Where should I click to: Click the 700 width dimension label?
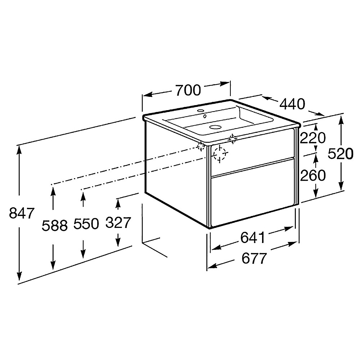tap(188, 90)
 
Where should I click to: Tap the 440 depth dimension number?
tap(292, 104)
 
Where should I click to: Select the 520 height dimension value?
tap(340, 154)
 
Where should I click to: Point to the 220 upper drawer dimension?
tap(313, 138)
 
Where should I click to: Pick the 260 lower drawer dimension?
tap(313, 175)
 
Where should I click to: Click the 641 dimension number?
tap(253, 237)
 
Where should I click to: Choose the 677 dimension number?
tap(254, 258)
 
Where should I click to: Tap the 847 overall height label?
tap(22, 213)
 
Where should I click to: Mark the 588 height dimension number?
tap(55, 225)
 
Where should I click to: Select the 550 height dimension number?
tap(86, 224)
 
